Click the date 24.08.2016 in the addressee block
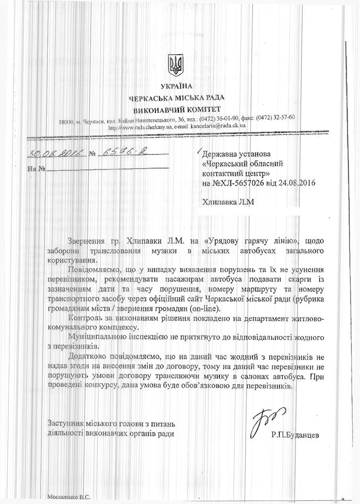(x=293, y=184)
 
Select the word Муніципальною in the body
(x=94, y=335)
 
